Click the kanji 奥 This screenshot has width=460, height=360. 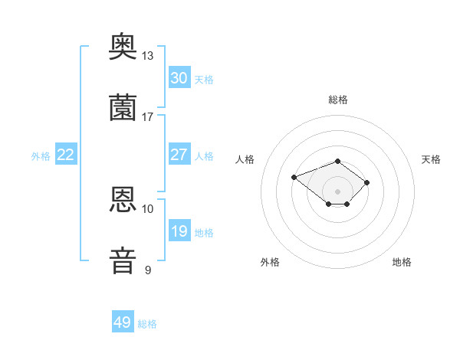point(123,46)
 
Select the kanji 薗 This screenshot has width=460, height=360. point(123,107)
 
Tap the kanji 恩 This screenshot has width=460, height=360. point(123,199)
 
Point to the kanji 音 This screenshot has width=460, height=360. point(123,260)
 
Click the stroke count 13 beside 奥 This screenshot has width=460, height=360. point(147,56)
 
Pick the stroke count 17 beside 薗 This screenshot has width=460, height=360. point(147,117)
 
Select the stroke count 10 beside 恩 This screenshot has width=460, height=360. point(147,209)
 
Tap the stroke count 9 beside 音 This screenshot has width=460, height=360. point(148,270)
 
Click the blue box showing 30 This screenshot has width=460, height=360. point(179,77)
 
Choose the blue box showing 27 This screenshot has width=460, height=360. point(179,154)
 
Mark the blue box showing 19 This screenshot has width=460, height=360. point(179,230)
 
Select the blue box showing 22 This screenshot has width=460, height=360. point(66,154)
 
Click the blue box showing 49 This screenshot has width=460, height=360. point(123,321)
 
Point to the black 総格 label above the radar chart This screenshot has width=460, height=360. point(338,100)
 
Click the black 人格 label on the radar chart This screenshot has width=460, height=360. point(245,159)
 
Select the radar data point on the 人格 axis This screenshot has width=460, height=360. point(294,177)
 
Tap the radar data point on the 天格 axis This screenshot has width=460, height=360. point(366,182)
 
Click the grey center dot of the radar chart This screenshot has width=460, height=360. point(337,191)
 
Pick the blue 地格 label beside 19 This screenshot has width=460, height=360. point(204,233)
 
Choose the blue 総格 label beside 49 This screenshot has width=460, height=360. point(147,324)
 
